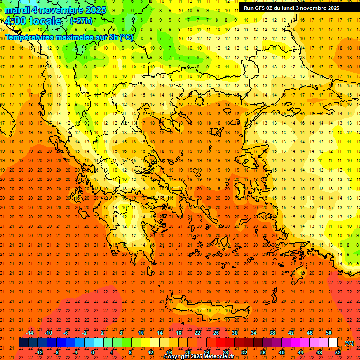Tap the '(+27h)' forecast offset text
pos(81,21)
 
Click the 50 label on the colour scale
pos(328,333)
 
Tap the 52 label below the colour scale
pos(338,352)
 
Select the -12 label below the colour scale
pos(39,352)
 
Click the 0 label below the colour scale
pos(93,352)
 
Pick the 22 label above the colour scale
pos(197,333)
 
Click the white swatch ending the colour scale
pos(333,343)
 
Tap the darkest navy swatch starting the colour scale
pos(23,343)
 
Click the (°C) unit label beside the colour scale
pos(349,343)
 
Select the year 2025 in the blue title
pos(93,10)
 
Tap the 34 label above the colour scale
pos(253,333)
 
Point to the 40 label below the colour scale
pos(281,352)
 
